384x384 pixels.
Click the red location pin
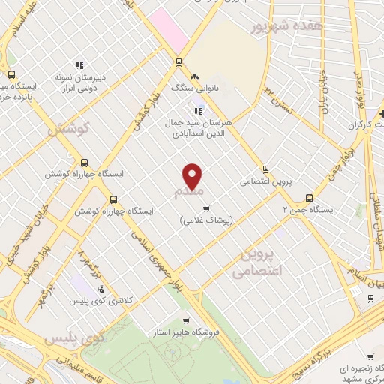coord(193,176)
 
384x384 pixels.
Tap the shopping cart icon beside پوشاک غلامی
coord(206,208)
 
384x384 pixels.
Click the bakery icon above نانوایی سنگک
coord(195,76)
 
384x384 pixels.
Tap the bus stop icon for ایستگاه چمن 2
coord(309,199)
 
